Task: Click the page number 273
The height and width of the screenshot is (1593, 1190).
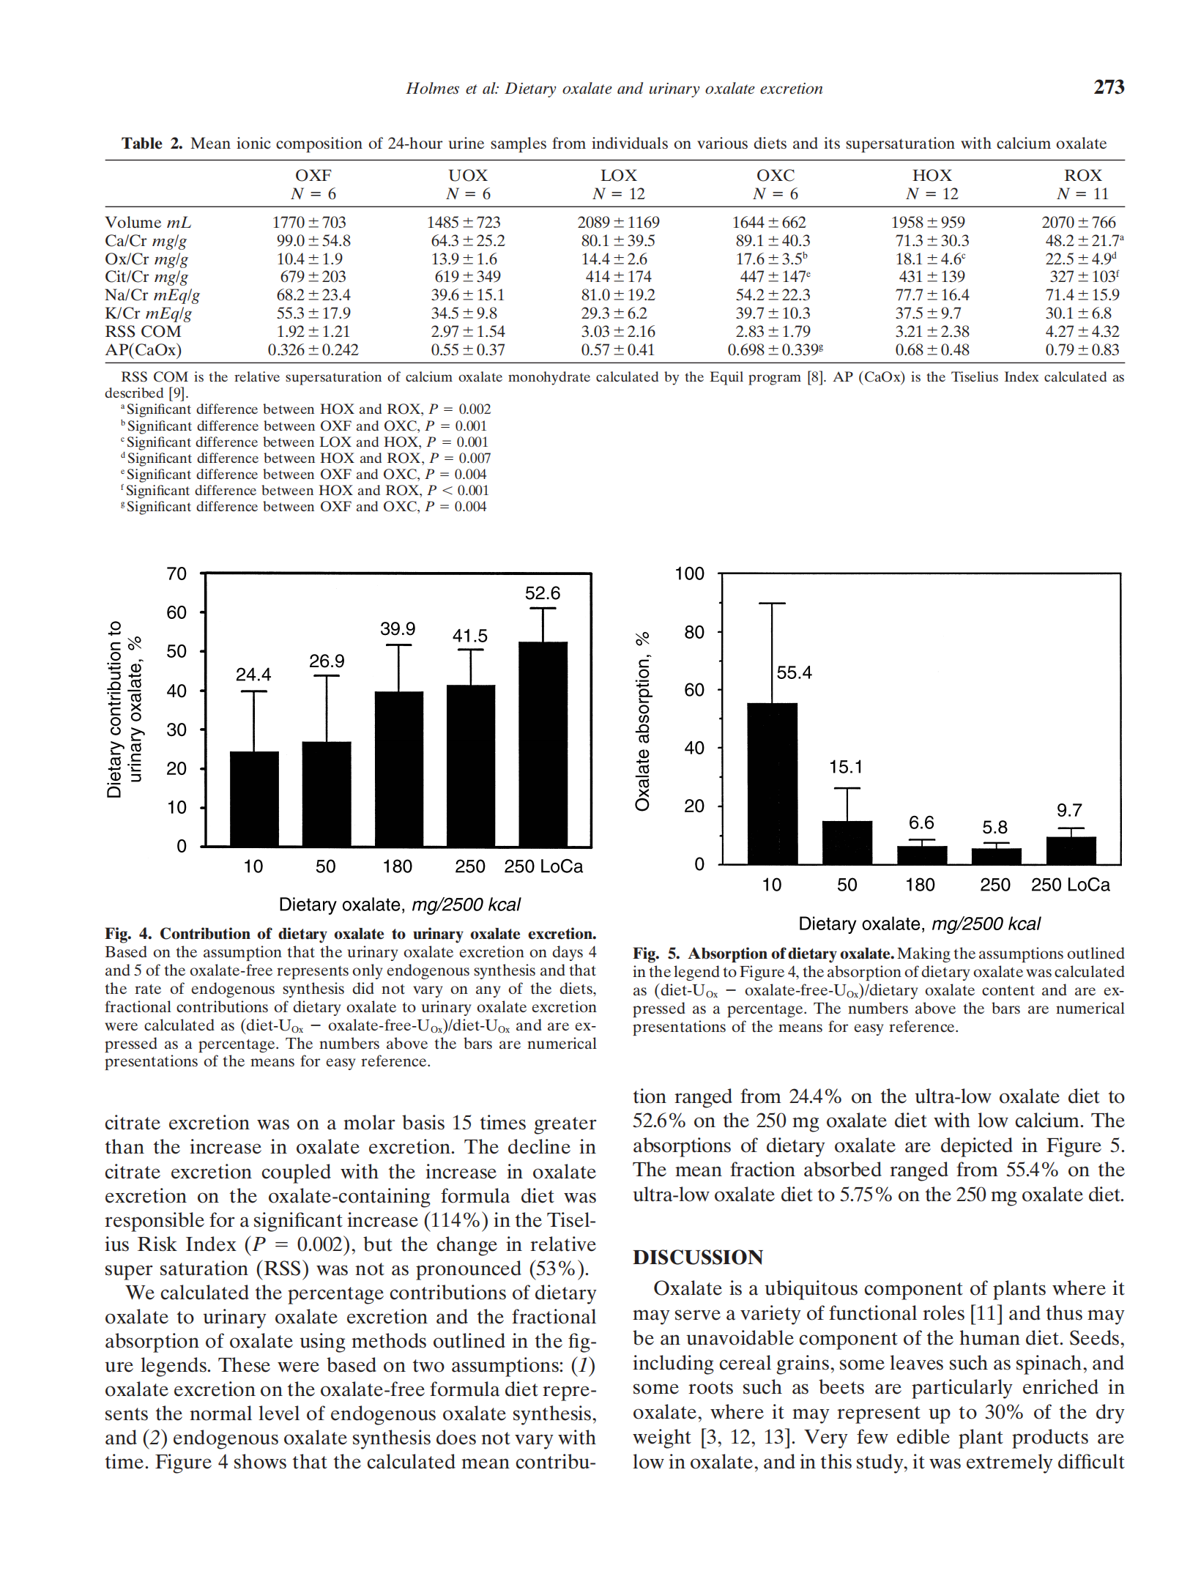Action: click(x=1108, y=87)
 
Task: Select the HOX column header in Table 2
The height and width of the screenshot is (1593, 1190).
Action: click(x=931, y=176)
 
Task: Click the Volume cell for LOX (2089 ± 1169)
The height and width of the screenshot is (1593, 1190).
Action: click(x=618, y=223)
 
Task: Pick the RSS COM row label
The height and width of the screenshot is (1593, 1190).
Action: click(x=143, y=332)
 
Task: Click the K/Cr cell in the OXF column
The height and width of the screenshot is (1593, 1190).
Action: click(x=313, y=313)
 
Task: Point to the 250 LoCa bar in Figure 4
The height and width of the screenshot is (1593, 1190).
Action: click(x=543, y=743)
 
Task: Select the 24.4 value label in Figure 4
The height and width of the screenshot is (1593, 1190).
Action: click(x=253, y=675)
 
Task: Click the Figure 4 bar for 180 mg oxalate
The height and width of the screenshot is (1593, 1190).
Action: click(x=398, y=768)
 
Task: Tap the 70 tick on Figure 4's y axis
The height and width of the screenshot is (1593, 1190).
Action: click(x=176, y=574)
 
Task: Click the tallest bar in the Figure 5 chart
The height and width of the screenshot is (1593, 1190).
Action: click(x=772, y=783)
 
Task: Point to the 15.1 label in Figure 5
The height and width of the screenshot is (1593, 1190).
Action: click(x=846, y=767)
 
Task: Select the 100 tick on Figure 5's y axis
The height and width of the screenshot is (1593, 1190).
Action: click(x=689, y=574)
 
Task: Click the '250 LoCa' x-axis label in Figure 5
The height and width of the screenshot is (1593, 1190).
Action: click(x=1070, y=885)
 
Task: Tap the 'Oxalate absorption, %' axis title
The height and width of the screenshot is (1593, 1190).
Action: click(x=643, y=721)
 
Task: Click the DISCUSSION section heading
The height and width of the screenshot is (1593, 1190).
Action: click(x=698, y=1258)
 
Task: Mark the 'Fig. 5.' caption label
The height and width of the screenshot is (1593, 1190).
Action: click(x=656, y=954)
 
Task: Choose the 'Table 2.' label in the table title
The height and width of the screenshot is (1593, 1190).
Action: click(x=152, y=144)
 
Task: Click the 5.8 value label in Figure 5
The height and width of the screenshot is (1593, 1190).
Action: click(x=994, y=828)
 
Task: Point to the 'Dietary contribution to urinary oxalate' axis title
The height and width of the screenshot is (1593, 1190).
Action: click(x=124, y=709)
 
